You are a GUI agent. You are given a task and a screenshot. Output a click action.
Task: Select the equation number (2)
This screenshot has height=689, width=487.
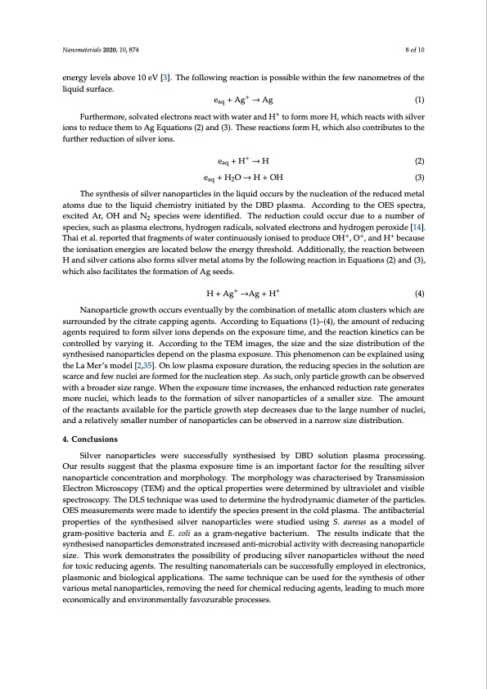pos(419,160)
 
